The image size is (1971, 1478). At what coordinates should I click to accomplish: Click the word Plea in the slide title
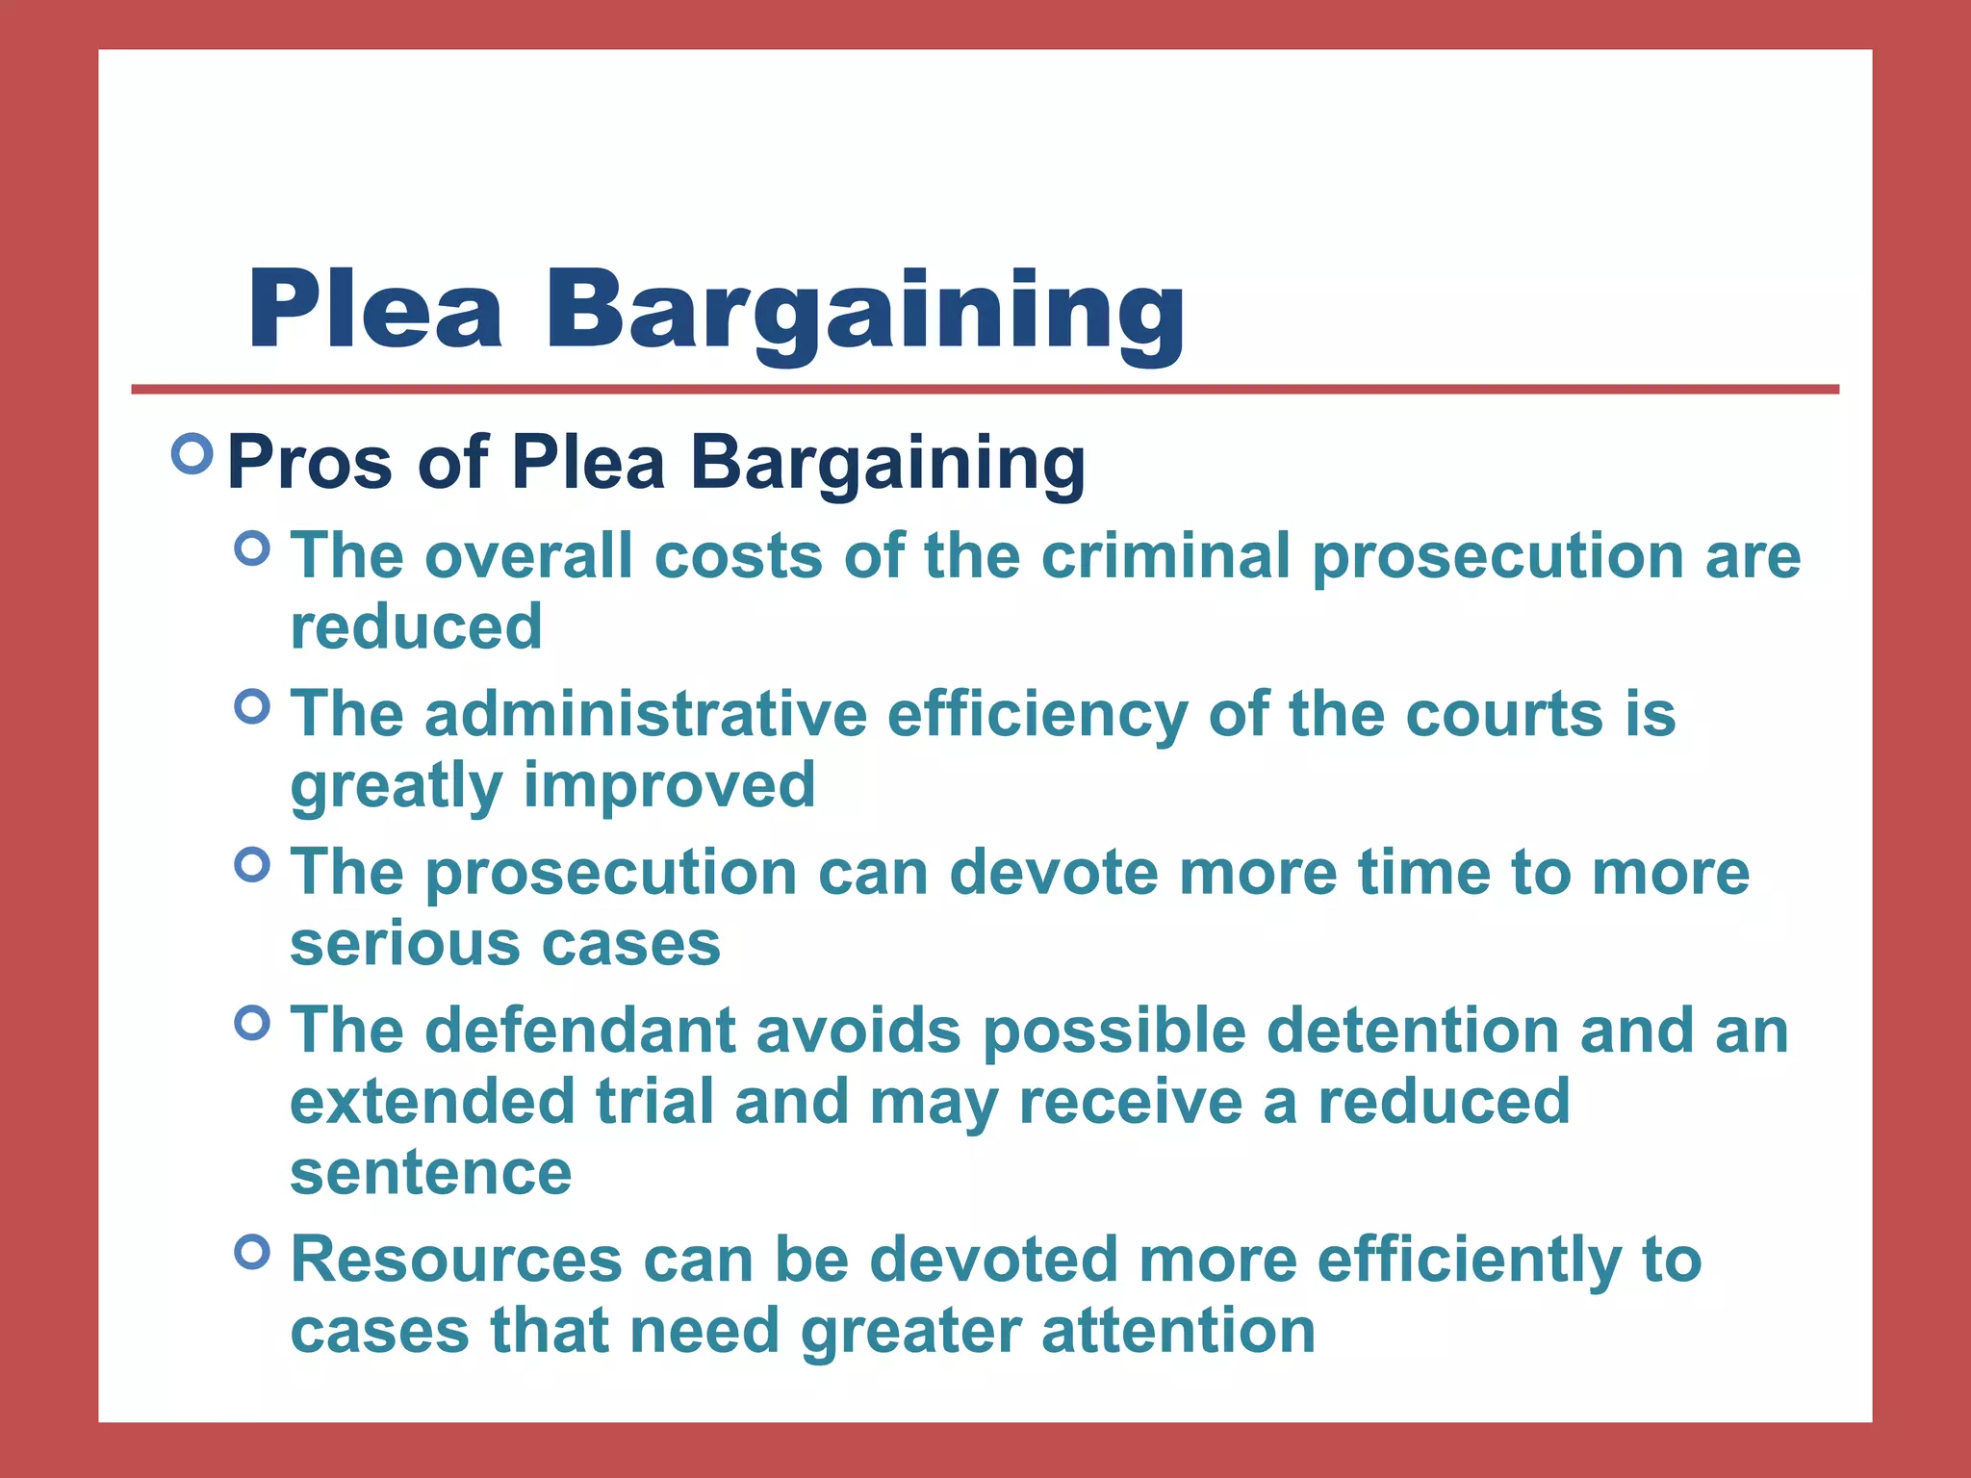[x=375, y=310]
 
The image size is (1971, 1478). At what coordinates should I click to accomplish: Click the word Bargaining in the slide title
[x=864, y=314]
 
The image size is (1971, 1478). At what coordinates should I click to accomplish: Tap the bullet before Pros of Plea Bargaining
[x=192, y=453]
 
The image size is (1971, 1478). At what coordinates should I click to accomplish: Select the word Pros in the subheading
[x=310, y=463]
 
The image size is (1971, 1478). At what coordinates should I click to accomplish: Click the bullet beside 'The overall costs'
[x=252, y=549]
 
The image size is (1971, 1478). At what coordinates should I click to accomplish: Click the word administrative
[x=646, y=715]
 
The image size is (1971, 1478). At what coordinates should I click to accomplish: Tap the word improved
[x=669, y=785]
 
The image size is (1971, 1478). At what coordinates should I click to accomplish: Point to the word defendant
[x=580, y=1031]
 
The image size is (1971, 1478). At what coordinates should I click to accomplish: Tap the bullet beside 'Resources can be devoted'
[x=252, y=1252]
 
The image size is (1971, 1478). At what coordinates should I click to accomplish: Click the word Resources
[x=456, y=1260]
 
